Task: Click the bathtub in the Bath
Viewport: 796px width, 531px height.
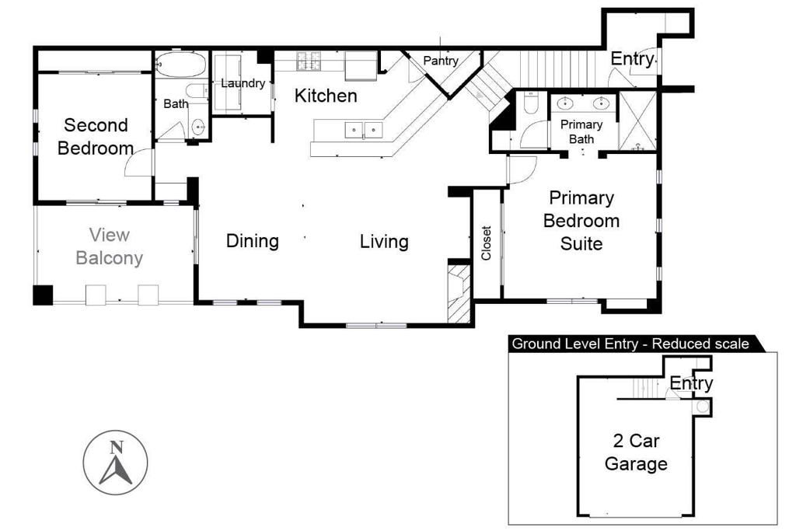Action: (180, 65)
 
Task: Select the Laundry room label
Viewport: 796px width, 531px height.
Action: (243, 83)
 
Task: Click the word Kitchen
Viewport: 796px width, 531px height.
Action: (326, 96)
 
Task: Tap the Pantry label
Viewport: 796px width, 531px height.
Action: (441, 61)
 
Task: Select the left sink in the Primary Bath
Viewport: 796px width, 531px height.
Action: (567, 103)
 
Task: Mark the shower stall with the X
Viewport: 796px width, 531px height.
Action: (637, 121)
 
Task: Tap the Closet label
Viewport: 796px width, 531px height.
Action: (487, 243)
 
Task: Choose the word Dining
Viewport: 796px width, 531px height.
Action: (253, 241)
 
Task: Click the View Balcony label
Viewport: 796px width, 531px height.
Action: (109, 246)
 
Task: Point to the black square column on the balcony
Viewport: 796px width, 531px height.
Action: (42, 295)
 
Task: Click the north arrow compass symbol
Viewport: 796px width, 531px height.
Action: (115, 463)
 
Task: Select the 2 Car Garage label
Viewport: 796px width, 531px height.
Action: (636, 452)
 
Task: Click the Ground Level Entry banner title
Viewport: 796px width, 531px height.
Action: (630, 344)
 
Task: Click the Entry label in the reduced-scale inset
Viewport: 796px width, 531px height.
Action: (691, 383)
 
